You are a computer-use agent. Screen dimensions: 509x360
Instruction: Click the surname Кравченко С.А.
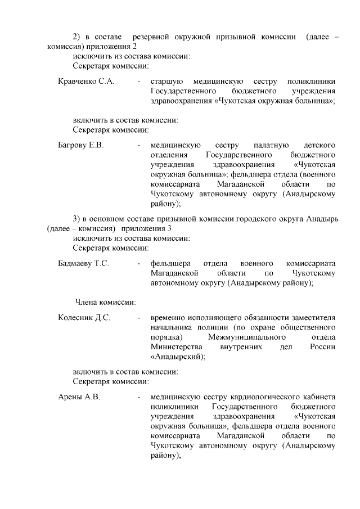[86, 81]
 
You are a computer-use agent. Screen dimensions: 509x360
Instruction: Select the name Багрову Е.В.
[81, 145]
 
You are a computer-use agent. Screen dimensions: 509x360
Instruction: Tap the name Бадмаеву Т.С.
[83, 263]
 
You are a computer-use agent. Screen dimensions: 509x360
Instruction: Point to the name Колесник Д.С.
[84, 317]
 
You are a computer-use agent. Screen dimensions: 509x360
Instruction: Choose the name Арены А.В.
[79, 397]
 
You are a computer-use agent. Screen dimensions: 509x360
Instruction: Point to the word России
[322, 346]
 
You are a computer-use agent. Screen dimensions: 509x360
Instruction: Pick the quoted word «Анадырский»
[177, 356]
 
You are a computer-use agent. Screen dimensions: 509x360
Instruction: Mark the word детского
[319, 145]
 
